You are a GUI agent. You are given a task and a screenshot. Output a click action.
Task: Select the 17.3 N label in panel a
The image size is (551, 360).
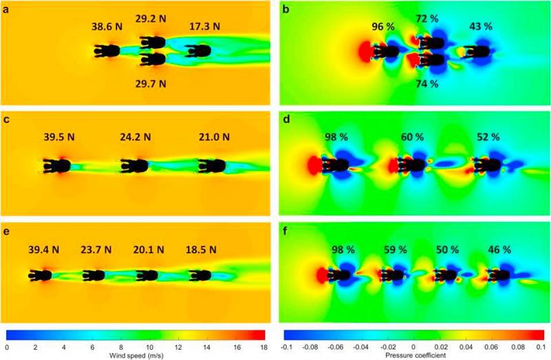205,27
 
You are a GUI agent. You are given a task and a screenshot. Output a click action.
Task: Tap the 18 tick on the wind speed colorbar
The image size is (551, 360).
264,346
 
